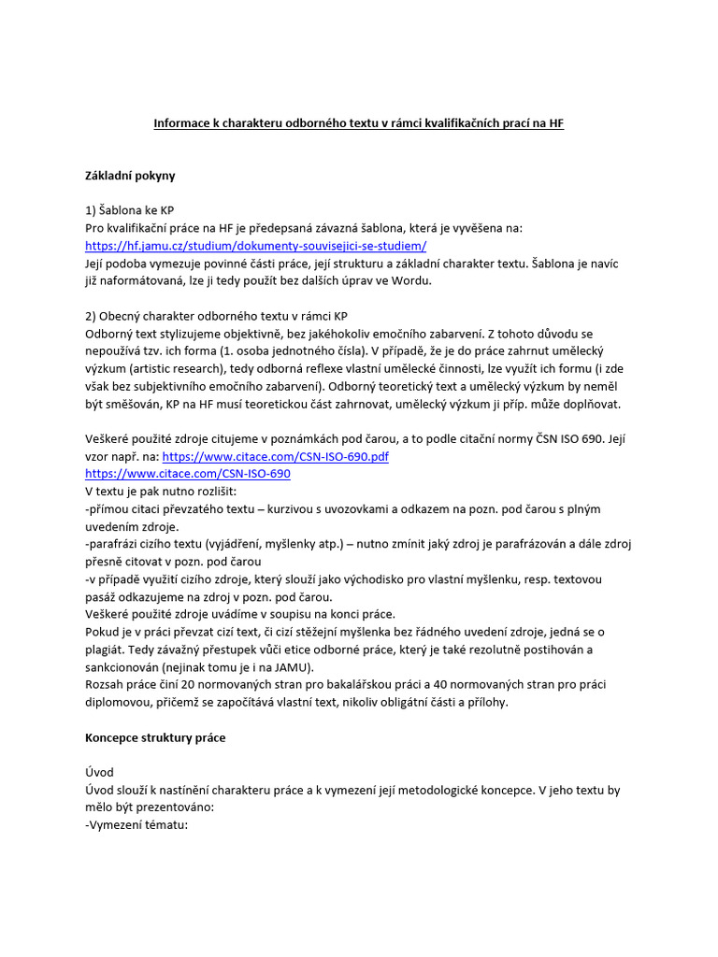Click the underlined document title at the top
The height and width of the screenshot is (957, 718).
tap(359, 122)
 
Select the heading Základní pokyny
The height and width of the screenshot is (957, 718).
tap(130, 175)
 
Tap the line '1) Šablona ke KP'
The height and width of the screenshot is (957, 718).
tap(129, 210)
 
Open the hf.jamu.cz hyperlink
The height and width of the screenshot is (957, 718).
tap(255, 246)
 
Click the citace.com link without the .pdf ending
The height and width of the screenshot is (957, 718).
tap(187, 474)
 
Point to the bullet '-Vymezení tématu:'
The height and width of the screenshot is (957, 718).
tap(136, 825)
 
